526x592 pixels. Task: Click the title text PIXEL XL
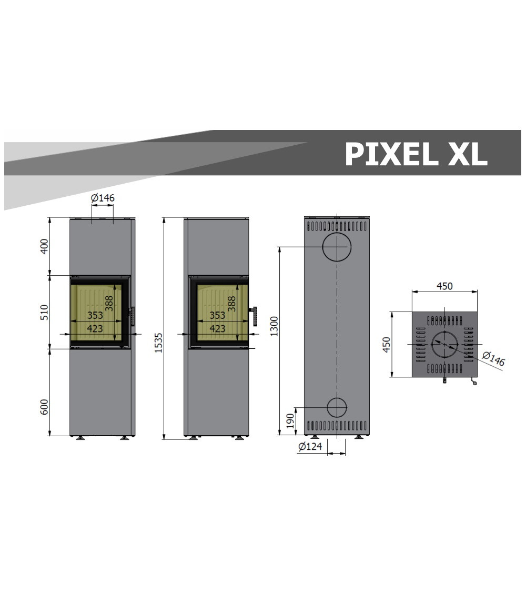click(416, 154)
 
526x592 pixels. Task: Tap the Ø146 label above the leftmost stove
click(103, 197)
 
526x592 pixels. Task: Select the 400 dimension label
click(45, 246)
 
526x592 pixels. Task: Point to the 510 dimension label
click(45, 312)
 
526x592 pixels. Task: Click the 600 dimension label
click(45, 407)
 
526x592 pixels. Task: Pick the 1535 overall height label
click(158, 343)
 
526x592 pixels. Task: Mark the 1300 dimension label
click(275, 326)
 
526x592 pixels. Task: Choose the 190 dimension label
click(290, 421)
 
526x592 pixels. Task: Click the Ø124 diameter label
click(310, 446)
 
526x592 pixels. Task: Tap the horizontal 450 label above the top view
click(444, 286)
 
